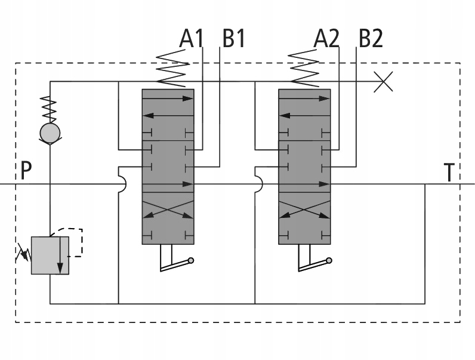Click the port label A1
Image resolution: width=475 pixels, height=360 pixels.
pyautogui.click(x=191, y=38)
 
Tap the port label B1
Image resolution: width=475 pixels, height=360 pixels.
pyautogui.click(x=233, y=38)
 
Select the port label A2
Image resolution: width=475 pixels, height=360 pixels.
pyautogui.click(x=326, y=38)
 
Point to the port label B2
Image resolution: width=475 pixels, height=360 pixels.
pyautogui.click(x=371, y=38)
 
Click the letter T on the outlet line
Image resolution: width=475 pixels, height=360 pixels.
pyautogui.click(x=449, y=173)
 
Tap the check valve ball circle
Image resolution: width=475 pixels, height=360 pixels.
pyautogui.click(x=50, y=133)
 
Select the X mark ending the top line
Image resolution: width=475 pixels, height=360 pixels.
pyautogui.click(x=383, y=82)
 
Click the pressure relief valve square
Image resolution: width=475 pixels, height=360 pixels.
pyautogui.click(x=50, y=256)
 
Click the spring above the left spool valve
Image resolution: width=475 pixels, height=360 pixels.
pyautogui.click(x=172, y=68)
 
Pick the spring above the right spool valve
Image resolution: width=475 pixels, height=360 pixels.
pyautogui.click(x=304, y=68)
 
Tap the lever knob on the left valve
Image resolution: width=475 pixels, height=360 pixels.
pyautogui.click(x=191, y=260)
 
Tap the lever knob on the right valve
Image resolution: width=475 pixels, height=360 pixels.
pyautogui.click(x=329, y=260)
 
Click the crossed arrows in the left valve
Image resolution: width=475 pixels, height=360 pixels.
pyautogui.click(x=168, y=210)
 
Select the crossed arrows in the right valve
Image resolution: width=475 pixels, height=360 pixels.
pyautogui.click(x=304, y=210)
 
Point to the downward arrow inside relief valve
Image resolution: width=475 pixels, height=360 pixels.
pyautogui.click(x=60, y=256)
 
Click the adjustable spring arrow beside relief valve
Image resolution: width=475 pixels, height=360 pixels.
pyautogui.click(x=24, y=253)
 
